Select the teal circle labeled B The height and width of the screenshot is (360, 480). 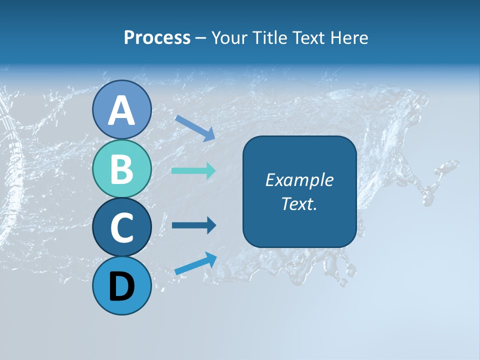121,169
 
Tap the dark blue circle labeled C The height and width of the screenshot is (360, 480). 121,227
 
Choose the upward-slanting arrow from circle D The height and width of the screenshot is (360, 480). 195,263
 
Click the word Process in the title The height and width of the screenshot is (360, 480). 157,37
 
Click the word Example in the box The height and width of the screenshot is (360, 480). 299,180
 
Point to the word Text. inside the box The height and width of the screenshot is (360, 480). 299,203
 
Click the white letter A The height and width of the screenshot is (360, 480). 121,110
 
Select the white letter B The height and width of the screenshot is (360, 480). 121,169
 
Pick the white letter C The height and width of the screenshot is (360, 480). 121,228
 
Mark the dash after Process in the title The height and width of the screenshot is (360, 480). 201,38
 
